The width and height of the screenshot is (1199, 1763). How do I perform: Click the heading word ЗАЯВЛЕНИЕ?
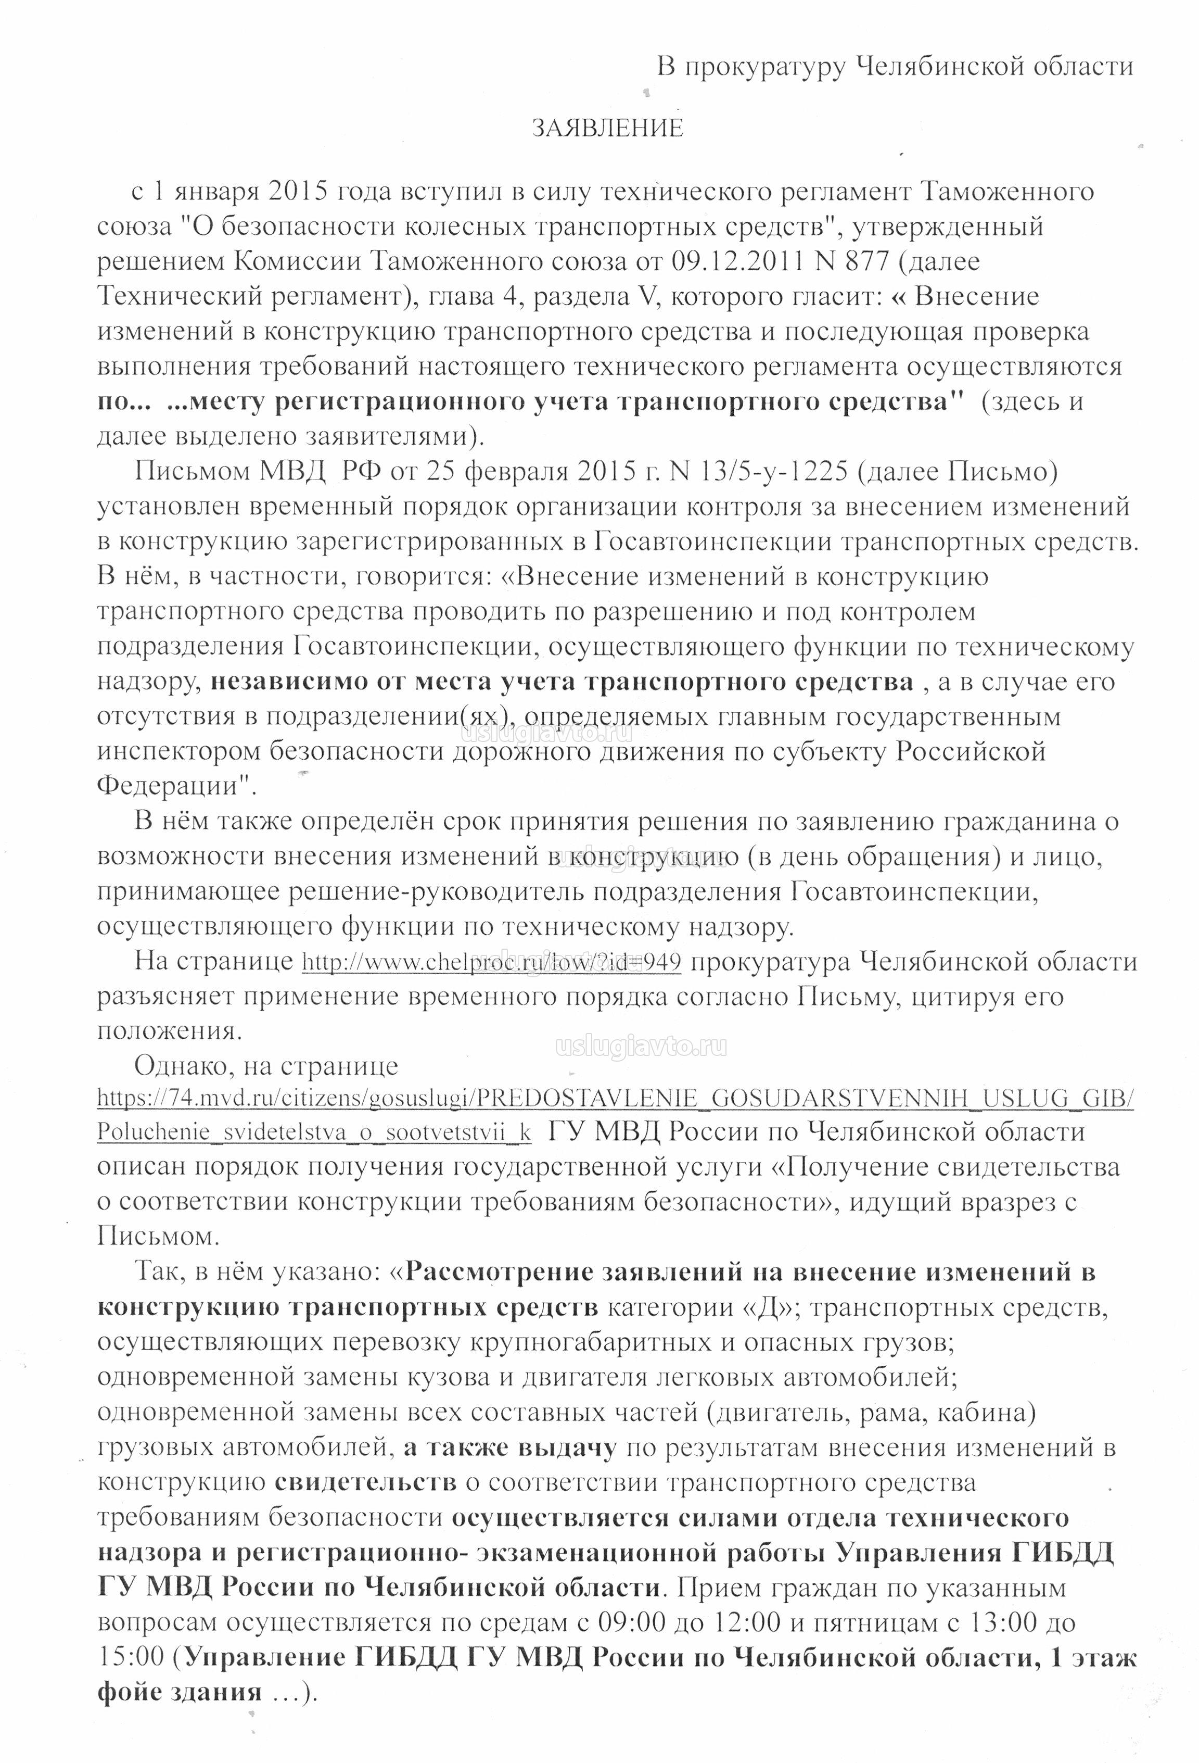[607, 128]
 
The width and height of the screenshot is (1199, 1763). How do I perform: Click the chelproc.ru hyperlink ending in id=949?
[491, 961]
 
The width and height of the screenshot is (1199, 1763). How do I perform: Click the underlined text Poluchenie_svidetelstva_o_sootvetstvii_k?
[314, 1132]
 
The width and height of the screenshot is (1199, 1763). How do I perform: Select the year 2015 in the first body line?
[297, 191]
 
